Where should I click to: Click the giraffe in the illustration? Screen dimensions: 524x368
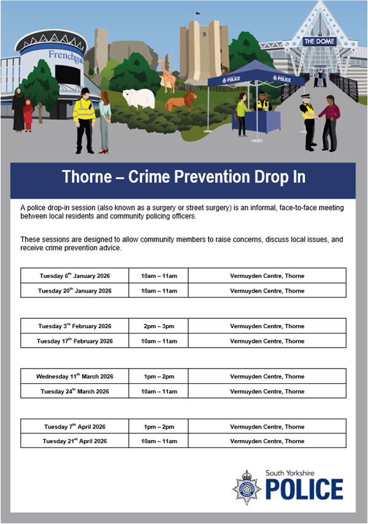click(166, 73)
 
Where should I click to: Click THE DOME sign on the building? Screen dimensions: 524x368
click(320, 42)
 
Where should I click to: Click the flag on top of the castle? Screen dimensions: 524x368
click(198, 13)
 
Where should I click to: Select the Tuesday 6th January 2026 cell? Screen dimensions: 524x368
click(74, 275)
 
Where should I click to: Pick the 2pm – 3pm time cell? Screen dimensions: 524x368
click(158, 326)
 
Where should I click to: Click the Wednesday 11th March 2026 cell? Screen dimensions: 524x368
click(74, 376)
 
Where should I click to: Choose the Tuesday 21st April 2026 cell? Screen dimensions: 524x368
click(74, 441)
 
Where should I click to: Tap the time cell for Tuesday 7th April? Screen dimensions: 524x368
click(158, 426)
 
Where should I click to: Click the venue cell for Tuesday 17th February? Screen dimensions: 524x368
click(267, 341)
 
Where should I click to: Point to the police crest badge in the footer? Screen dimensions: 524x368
click(247, 487)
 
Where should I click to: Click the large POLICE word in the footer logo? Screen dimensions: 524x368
click(304, 490)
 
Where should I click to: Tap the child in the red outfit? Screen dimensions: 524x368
click(28, 114)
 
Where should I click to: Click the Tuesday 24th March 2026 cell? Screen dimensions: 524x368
click(74, 391)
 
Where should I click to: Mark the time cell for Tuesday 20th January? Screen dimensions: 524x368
click(158, 291)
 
